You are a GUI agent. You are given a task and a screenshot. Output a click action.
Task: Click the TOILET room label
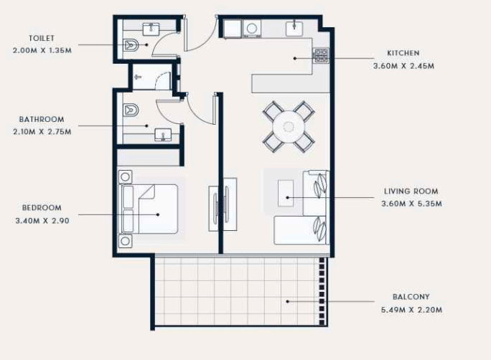tap(42, 38)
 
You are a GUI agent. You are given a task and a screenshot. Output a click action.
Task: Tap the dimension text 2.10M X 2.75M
tap(42, 132)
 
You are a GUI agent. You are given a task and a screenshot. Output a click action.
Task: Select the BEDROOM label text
tap(42, 208)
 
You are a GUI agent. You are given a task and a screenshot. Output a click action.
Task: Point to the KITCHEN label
tap(403, 53)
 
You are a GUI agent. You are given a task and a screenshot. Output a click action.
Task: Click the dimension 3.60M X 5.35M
tap(411, 204)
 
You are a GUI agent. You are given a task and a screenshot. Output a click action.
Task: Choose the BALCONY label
tap(411, 296)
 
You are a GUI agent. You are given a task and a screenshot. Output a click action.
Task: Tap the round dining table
tap(289, 127)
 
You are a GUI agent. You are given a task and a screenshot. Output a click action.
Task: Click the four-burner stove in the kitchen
tap(322, 56)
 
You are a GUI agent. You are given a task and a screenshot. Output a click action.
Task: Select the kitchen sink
tap(294, 29)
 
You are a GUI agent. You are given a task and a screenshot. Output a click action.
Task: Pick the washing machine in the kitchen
tap(252, 29)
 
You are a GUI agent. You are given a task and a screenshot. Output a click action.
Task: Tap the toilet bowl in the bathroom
tap(131, 110)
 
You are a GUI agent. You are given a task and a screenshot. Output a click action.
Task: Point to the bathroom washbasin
tap(163, 135)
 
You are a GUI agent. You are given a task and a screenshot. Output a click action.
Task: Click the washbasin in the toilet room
tap(151, 29)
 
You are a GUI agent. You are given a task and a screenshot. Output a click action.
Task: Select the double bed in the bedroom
tap(148, 209)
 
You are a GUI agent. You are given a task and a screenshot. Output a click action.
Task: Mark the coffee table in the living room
tap(286, 193)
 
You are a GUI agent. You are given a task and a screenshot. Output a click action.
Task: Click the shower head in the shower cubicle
tap(138, 77)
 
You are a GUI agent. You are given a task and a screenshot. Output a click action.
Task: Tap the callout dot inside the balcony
tap(287, 301)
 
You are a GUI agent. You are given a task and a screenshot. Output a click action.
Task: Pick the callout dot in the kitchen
tap(294, 58)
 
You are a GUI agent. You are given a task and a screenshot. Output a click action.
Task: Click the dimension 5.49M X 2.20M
tap(411, 310)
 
